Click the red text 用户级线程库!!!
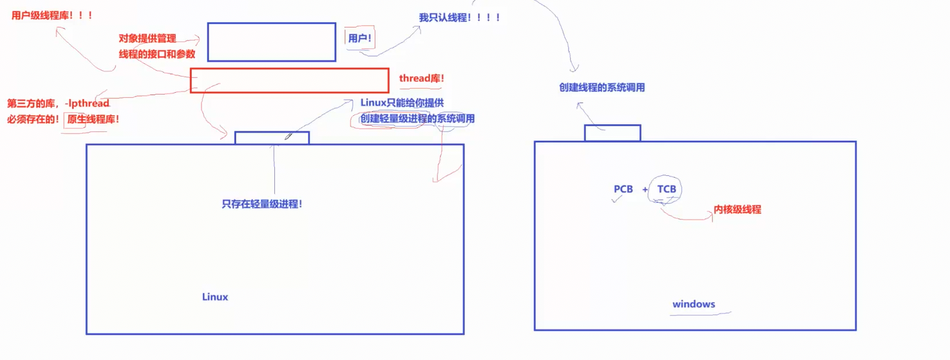(x=52, y=15)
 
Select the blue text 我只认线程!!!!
(x=459, y=17)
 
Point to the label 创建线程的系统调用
(x=602, y=87)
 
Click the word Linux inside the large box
(x=215, y=297)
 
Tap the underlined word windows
(x=694, y=304)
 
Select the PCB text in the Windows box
(x=623, y=189)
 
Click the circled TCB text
(x=667, y=189)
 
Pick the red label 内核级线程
(x=737, y=209)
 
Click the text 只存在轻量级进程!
(x=262, y=204)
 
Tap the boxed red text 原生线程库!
(x=93, y=119)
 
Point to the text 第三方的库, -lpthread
(x=58, y=103)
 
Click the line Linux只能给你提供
(x=402, y=103)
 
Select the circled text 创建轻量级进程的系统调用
(x=417, y=118)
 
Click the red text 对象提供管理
(x=147, y=39)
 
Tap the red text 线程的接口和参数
(x=157, y=55)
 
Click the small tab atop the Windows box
(x=613, y=133)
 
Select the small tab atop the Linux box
(x=272, y=138)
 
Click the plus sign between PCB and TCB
(x=645, y=189)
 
